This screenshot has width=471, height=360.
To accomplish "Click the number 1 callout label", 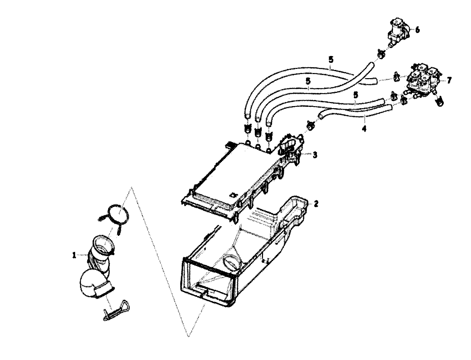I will pyautogui.click(x=74, y=255).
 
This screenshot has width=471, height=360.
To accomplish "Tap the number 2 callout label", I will pyautogui.click(x=316, y=204).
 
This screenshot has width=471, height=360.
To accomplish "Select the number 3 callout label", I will pyautogui.click(x=315, y=155).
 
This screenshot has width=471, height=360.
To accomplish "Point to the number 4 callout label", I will pyautogui.click(x=364, y=129).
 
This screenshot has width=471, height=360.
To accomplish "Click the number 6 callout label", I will pyautogui.click(x=417, y=30).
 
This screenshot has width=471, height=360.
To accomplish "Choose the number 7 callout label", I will pyautogui.click(x=449, y=80).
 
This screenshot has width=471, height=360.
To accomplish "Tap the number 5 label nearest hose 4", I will pyautogui.click(x=356, y=94).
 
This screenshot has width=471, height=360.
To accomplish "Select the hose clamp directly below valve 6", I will pyautogui.click(x=382, y=53).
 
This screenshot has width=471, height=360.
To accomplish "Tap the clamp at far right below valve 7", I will pyautogui.click(x=440, y=101).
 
